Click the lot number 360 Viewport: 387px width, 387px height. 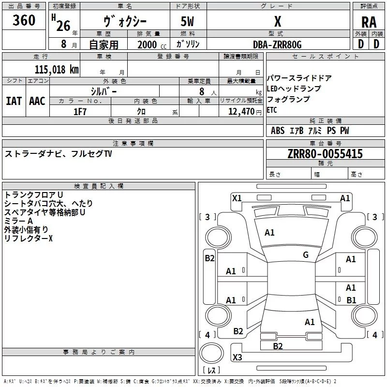coord(24,21)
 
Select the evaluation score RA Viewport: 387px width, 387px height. coord(369,22)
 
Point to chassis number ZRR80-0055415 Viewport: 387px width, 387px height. coord(325,154)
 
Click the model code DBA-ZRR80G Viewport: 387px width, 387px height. coord(277,45)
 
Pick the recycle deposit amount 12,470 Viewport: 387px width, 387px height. coord(241,112)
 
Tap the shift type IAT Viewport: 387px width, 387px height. coord(14,101)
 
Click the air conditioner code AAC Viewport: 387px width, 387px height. coord(37,101)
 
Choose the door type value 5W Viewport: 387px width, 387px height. coord(188,22)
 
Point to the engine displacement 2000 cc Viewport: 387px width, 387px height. coord(151,45)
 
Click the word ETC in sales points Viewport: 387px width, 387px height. coord(272,110)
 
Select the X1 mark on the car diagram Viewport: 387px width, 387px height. coord(237,198)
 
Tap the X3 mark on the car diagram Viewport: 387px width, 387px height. coord(237,357)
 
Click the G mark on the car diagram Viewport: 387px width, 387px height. coord(305,255)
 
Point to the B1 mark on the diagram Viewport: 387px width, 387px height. coord(351,300)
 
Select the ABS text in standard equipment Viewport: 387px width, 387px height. coord(278,131)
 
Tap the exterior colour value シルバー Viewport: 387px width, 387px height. coord(104,90)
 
